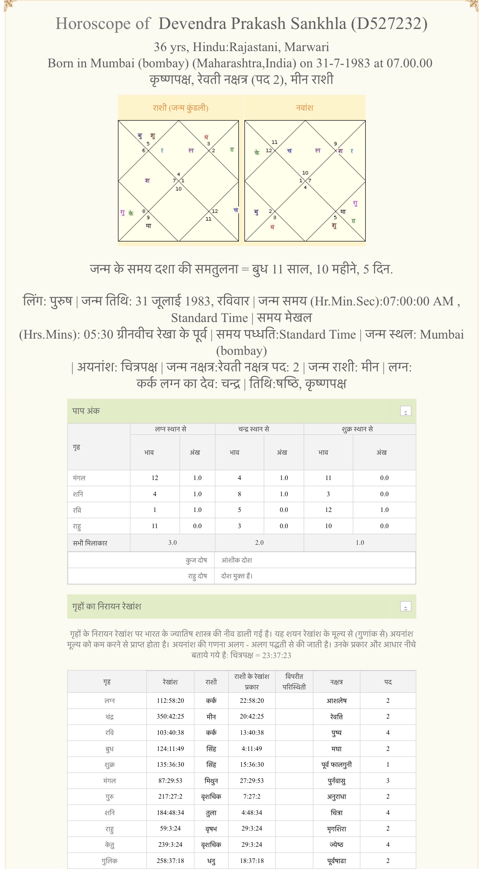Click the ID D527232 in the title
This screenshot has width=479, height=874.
click(389, 24)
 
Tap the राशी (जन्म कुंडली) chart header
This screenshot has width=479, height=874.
click(181, 108)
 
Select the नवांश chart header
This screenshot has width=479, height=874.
click(305, 108)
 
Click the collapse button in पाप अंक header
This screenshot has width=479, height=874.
click(405, 411)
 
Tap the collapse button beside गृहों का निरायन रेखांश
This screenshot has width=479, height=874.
click(405, 607)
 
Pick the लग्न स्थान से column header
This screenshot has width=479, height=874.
click(171, 429)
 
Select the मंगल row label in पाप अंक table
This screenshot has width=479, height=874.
click(79, 478)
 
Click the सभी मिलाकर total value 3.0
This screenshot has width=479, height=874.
click(172, 543)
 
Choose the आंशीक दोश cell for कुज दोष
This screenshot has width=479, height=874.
click(237, 560)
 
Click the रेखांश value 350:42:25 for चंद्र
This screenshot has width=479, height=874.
click(170, 716)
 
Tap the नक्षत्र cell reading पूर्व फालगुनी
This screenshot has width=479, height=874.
click(336, 765)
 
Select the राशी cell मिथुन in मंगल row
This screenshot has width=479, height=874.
click(211, 781)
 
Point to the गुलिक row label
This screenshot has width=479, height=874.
click(109, 860)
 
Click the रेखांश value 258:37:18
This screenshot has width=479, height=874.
click(170, 860)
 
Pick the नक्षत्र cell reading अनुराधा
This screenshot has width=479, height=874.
click(336, 796)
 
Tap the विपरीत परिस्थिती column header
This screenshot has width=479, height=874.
click(294, 681)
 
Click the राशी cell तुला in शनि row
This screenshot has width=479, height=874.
click(211, 813)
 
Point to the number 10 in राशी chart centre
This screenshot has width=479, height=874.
click(178, 189)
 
